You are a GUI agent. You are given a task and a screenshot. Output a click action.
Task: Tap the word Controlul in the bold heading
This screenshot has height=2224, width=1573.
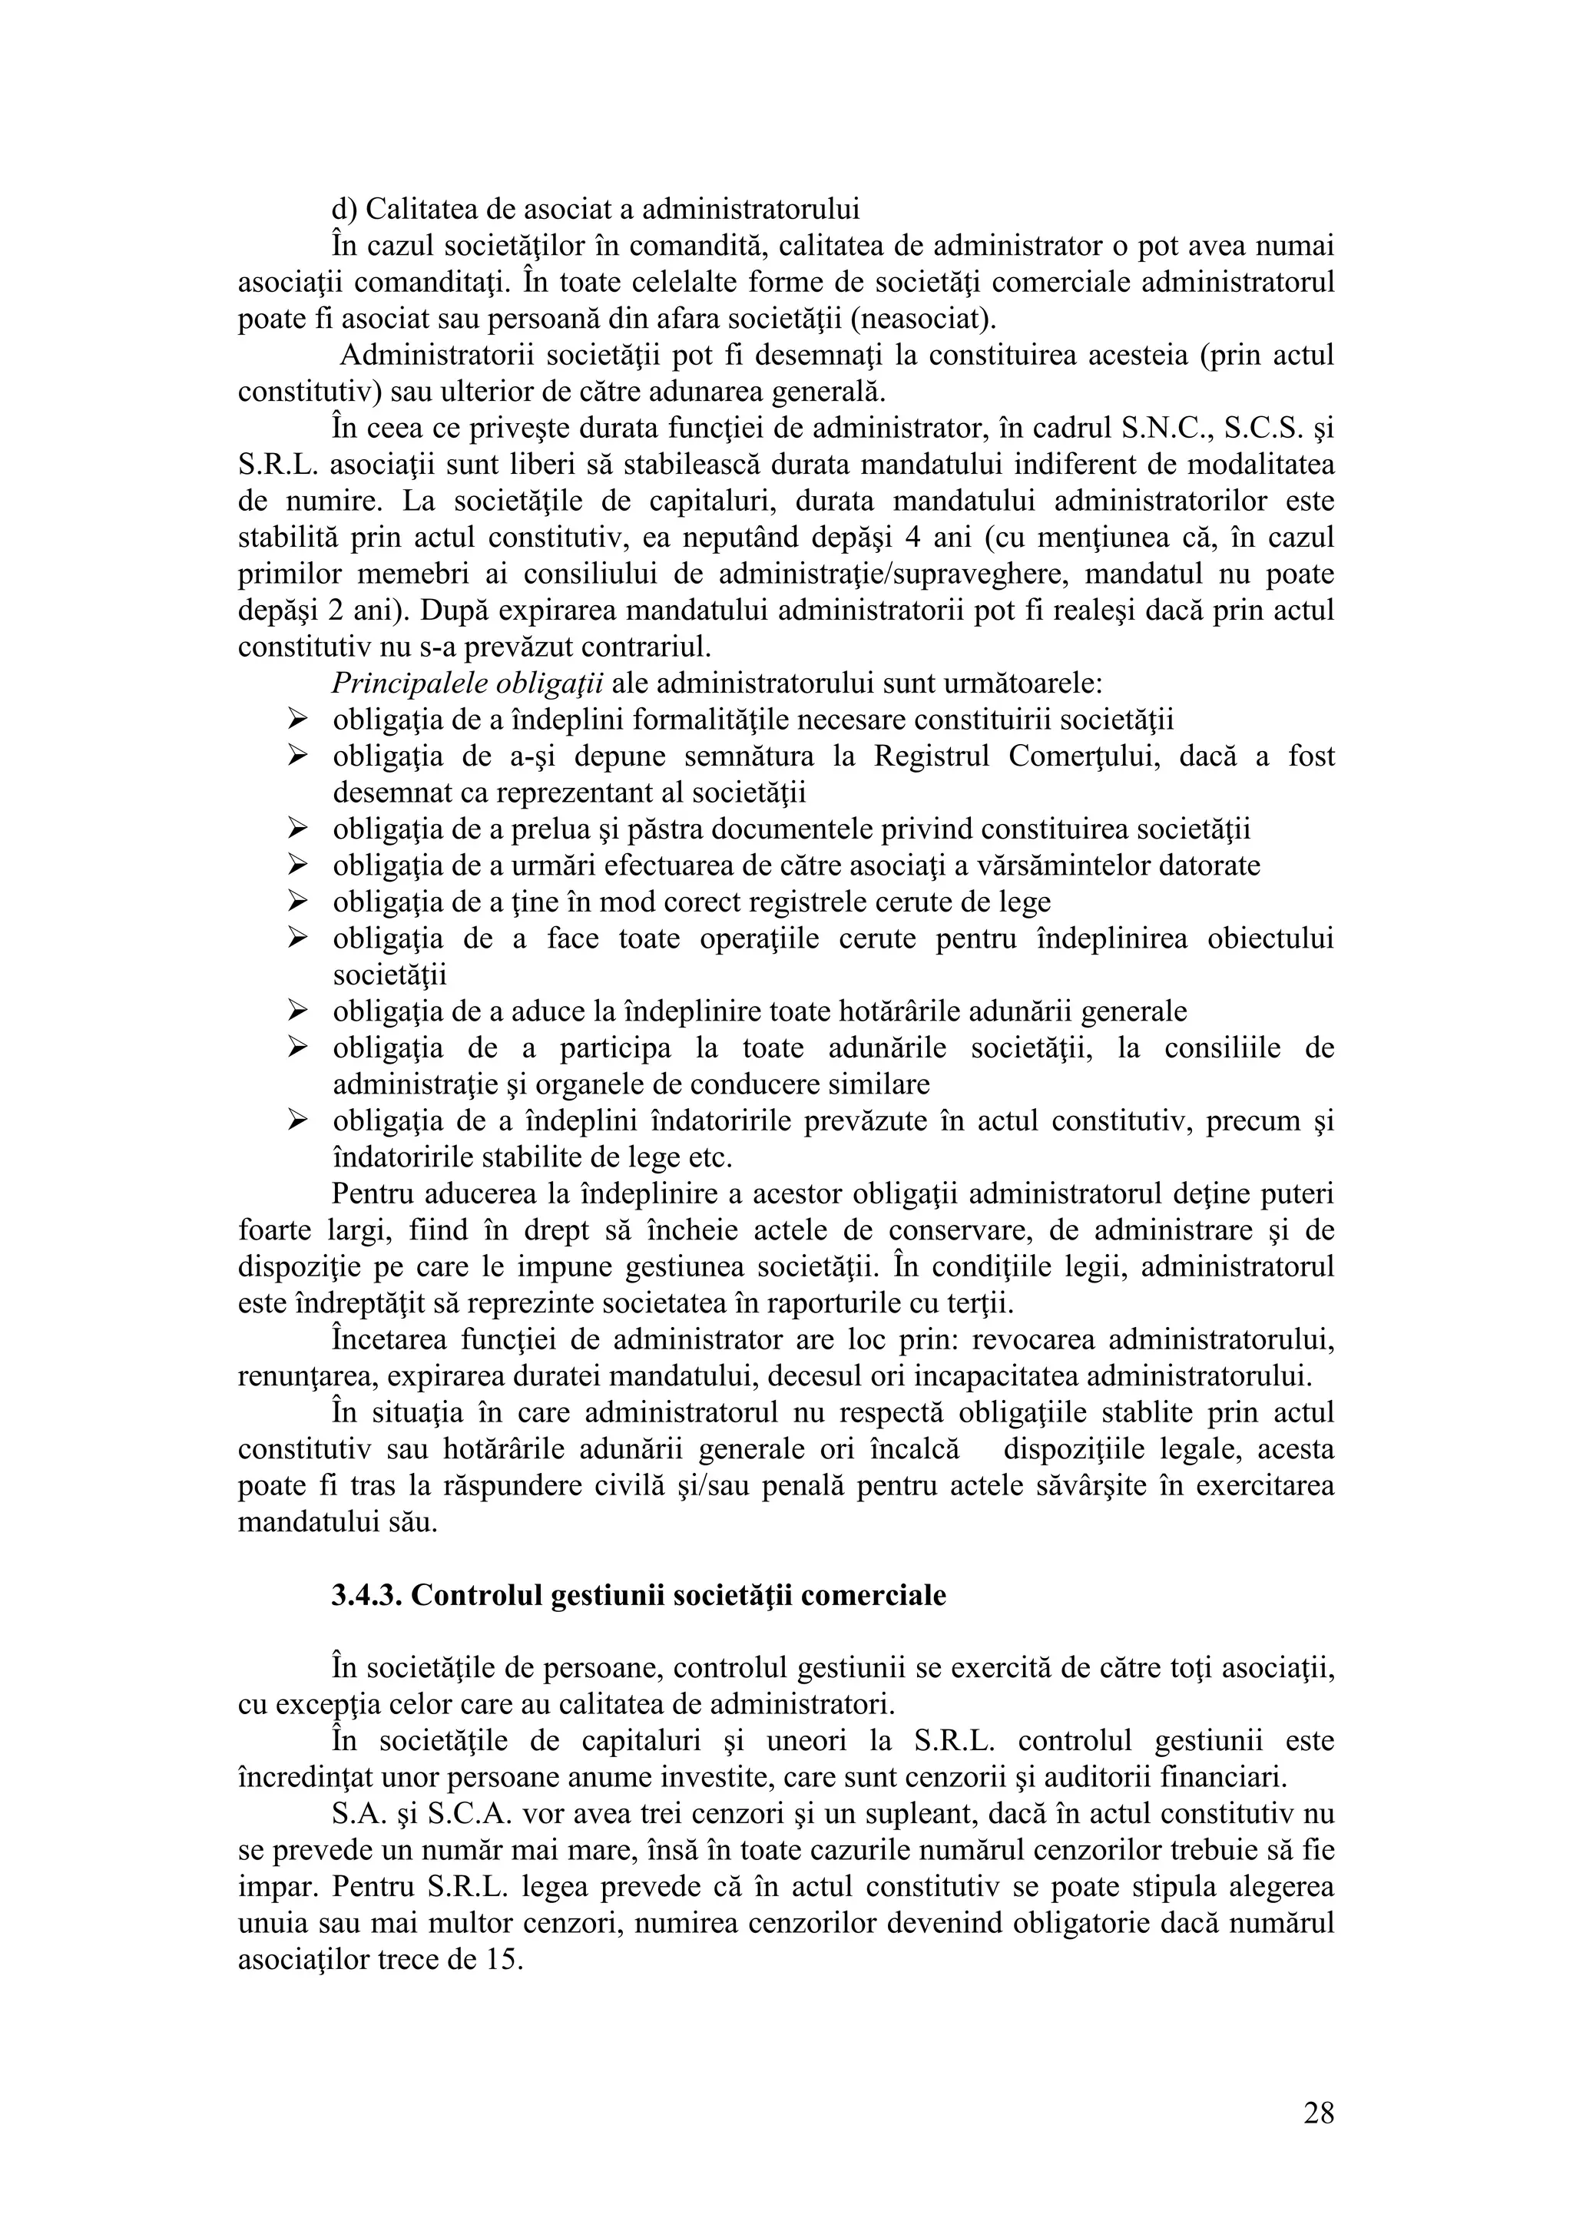(x=476, y=1595)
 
